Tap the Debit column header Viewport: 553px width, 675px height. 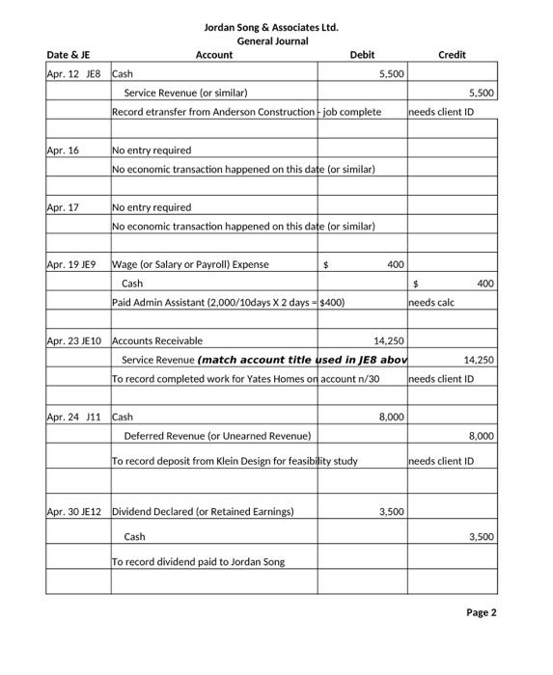pyautogui.click(x=362, y=55)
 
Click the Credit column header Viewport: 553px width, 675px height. pyautogui.click(x=452, y=55)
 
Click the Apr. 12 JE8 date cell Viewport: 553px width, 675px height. pyautogui.click(x=73, y=73)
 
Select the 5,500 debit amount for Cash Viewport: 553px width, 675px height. pyautogui.click(x=392, y=73)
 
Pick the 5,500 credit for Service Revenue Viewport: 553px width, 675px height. pyautogui.click(x=481, y=93)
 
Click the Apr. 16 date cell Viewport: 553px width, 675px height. pyautogui.click(x=63, y=150)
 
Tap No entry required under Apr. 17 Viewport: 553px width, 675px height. pyautogui.click(x=152, y=207)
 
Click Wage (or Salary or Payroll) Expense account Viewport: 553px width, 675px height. pyautogui.click(x=191, y=264)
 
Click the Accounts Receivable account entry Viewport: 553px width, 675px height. pyautogui.click(x=157, y=340)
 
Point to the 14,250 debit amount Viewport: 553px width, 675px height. pyautogui.click(x=389, y=340)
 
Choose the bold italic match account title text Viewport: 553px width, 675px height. pyautogui.click(x=301, y=360)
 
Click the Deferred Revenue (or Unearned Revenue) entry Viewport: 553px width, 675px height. pyautogui.click(x=218, y=436)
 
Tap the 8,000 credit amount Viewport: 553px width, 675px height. pyautogui.click(x=481, y=436)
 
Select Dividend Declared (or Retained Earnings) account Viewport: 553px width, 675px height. pyautogui.click(x=203, y=511)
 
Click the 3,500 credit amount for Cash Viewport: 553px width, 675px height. pyautogui.click(x=481, y=536)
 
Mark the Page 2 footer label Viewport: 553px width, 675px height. pyautogui.click(x=481, y=612)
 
